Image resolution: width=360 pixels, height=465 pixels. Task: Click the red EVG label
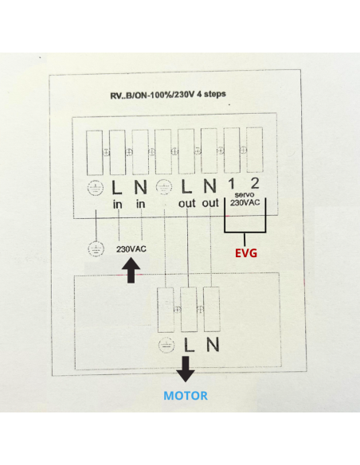pyautogui.click(x=246, y=253)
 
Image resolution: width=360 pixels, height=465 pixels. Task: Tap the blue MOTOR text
pyautogui.click(x=186, y=396)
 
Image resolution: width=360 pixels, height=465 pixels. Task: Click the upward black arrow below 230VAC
pyautogui.click(x=131, y=270)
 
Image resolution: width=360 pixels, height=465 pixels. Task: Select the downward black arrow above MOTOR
pyautogui.click(x=186, y=369)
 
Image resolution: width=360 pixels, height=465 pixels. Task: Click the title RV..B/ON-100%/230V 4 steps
pyautogui.click(x=168, y=95)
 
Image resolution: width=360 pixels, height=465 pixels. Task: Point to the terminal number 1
pyautogui.click(x=231, y=184)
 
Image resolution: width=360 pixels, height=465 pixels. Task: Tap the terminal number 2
pyautogui.click(x=255, y=184)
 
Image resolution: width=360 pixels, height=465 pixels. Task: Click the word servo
pyautogui.click(x=245, y=195)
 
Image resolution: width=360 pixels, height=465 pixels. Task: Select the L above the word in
pyautogui.click(x=117, y=187)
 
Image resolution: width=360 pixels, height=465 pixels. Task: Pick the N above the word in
pyautogui.click(x=140, y=187)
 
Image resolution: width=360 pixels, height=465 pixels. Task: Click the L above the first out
pyautogui.click(x=186, y=186)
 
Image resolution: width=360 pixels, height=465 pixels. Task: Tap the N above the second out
pyautogui.click(x=209, y=186)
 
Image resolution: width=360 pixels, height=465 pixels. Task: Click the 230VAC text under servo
pyautogui.click(x=245, y=202)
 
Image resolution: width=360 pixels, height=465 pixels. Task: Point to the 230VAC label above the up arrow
pyautogui.click(x=131, y=249)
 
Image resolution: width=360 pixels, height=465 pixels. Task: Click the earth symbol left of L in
pyautogui.click(x=96, y=188)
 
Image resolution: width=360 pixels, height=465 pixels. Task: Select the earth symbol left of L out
pyautogui.click(x=164, y=188)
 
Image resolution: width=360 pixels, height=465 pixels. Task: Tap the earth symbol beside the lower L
pyautogui.click(x=166, y=346)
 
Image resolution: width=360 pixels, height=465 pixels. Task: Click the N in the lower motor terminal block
pyautogui.click(x=213, y=345)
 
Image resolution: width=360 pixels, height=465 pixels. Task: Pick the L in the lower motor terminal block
pyautogui.click(x=190, y=345)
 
